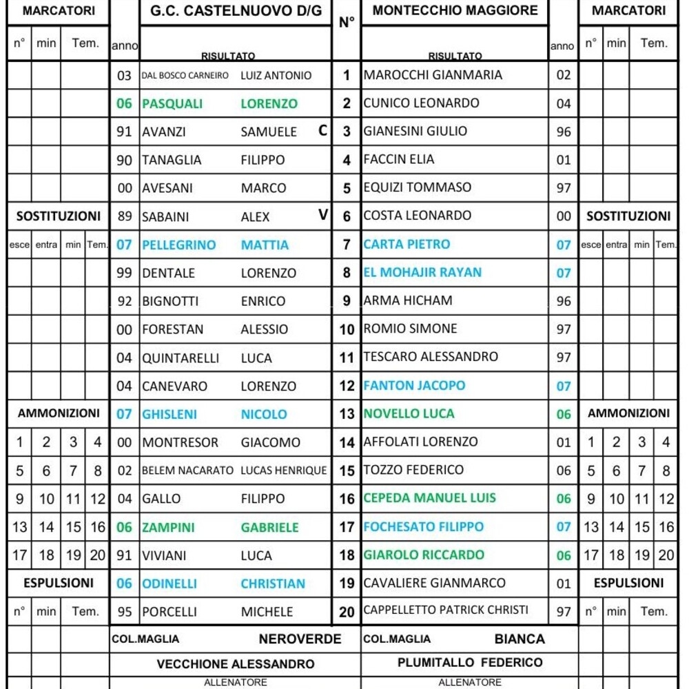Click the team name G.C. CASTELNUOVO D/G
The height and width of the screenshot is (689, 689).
236,12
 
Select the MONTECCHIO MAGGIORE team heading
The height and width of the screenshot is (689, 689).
455,11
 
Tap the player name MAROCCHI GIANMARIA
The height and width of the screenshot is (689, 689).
433,75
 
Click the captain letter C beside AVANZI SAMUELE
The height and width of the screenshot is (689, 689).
322,131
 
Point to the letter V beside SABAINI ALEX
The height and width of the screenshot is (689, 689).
322,216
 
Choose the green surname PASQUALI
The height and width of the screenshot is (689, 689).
172,104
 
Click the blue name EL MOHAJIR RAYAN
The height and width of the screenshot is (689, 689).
422,272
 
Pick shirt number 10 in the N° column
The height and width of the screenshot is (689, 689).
347,329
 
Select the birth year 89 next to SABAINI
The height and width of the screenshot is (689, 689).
125,216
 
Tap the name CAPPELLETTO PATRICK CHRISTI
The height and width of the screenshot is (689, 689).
446,610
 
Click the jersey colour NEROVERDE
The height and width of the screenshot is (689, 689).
300,639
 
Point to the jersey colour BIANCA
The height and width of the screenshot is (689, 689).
520,639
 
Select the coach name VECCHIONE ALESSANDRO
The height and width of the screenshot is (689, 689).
236,664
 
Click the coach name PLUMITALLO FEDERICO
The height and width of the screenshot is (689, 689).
470,663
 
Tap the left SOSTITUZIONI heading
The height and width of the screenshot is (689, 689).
59,216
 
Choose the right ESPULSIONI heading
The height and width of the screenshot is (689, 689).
628,583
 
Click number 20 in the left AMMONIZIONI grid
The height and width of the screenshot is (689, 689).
98,555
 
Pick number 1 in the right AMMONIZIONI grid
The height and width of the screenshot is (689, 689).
590,442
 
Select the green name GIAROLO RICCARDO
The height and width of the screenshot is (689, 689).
424,555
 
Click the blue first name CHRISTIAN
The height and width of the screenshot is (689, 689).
273,584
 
